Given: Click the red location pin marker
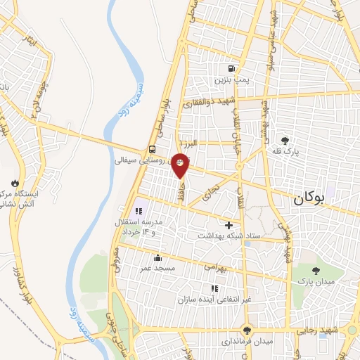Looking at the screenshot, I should coord(181,164).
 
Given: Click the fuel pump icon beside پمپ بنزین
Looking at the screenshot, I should coord(231,69).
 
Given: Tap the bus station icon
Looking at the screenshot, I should coord(153,150).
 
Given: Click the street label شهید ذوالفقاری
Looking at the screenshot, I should coord(208,103).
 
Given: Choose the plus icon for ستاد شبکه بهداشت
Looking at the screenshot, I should coord(229,225).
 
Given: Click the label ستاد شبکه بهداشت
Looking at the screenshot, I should coord(222,236).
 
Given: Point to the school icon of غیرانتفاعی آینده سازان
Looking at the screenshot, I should coord(214,288).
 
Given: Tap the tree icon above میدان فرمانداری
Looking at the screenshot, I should coord(246,329).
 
